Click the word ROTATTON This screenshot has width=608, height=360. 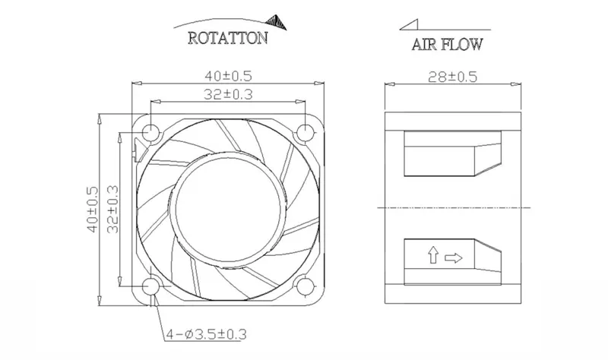tap(228, 38)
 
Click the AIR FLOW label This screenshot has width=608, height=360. tap(447, 44)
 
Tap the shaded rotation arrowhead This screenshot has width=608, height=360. tap(277, 22)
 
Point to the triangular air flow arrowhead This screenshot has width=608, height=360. tap(410, 24)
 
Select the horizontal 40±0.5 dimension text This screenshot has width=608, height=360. tap(229, 75)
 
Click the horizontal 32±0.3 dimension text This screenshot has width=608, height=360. tap(229, 94)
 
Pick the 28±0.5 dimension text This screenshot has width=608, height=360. tap(452, 77)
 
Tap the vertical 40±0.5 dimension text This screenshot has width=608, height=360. tap(93, 210)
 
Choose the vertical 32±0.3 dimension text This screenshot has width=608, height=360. tap(112, 210)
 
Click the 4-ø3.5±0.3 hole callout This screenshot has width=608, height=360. tap(206, 333)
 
